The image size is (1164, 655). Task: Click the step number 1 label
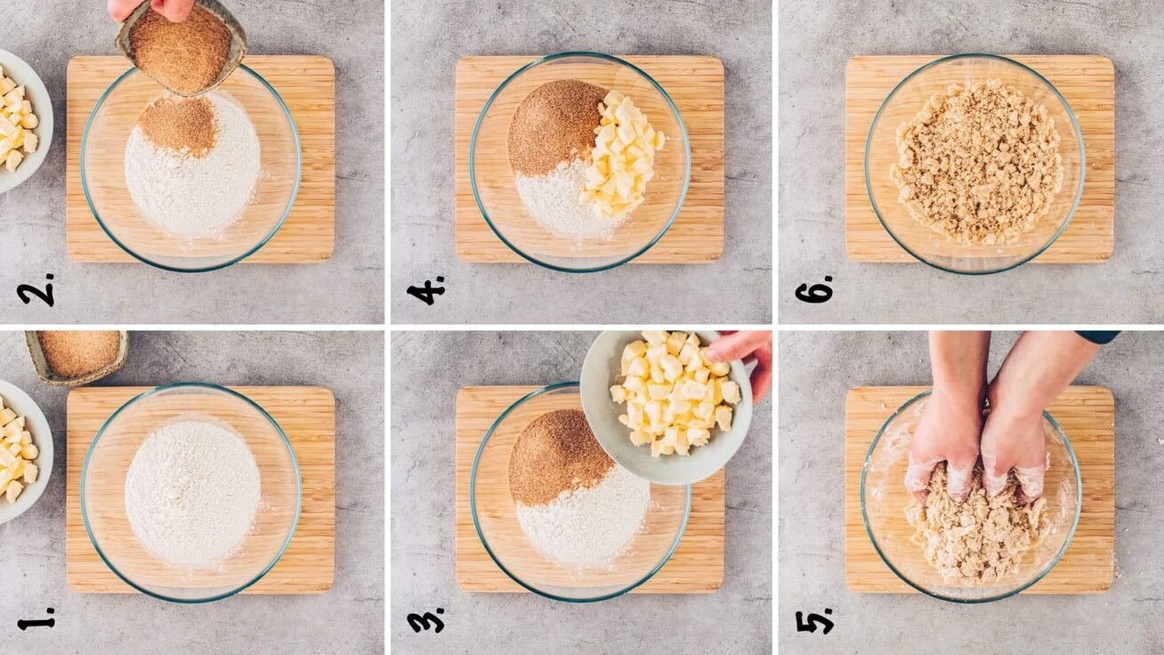36,619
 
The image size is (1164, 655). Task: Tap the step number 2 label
36,289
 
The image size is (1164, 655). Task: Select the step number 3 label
426,619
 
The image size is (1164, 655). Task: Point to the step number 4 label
426,289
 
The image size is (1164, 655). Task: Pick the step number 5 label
815,620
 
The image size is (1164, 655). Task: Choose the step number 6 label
815,289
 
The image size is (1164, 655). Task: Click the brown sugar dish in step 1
77,357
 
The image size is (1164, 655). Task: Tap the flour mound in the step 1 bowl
192,493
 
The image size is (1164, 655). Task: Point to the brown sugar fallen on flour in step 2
179,126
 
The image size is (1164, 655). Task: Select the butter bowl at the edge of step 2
23,121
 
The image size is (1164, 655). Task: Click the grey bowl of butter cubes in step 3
667,406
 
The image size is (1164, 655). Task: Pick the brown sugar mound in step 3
559,457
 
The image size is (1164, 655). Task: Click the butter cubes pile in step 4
621,154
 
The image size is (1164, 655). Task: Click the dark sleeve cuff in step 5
1096,336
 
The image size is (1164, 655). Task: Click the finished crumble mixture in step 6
976,162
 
